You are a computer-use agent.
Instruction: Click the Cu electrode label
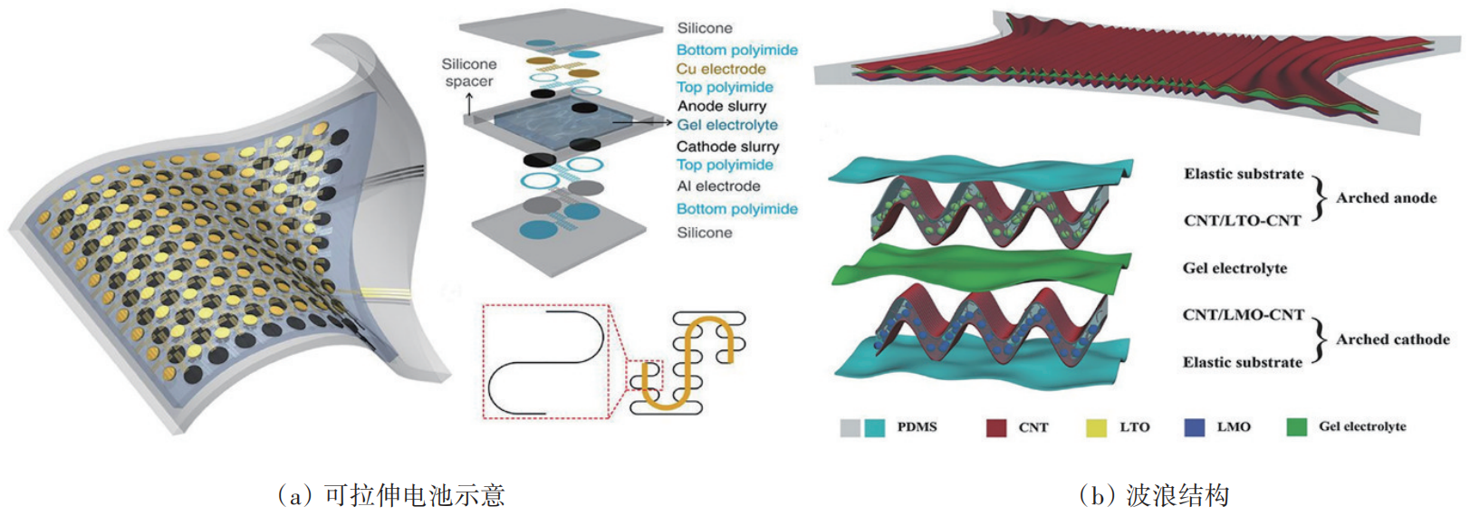(720, 69)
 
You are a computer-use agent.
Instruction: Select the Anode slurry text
(721, 106)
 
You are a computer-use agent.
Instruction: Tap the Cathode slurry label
(727, 147)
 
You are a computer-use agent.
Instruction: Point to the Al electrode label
(718, 186)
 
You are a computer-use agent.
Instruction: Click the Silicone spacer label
(468, 72)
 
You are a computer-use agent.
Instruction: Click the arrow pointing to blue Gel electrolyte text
(642, 122)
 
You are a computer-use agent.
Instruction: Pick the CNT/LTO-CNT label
(1242, 220)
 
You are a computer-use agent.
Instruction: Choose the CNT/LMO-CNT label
(1243, 315)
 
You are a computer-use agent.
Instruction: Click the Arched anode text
(1386, 197)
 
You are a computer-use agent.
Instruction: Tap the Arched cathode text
(1392, 339)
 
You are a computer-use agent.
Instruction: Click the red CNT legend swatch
(995, 427)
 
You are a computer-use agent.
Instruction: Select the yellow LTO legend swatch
(1096, 427)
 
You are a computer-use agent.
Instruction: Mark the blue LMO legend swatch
(1194, 427)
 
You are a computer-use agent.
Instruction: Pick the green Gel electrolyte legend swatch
(1296, 427)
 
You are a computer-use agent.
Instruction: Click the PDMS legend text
(917, 427)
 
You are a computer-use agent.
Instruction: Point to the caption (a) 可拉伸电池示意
(390, 495)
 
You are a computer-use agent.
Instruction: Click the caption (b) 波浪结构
(1154, 495)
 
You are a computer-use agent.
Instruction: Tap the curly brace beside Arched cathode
(1320, 339)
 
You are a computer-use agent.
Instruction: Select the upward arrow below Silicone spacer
(469, 103)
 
